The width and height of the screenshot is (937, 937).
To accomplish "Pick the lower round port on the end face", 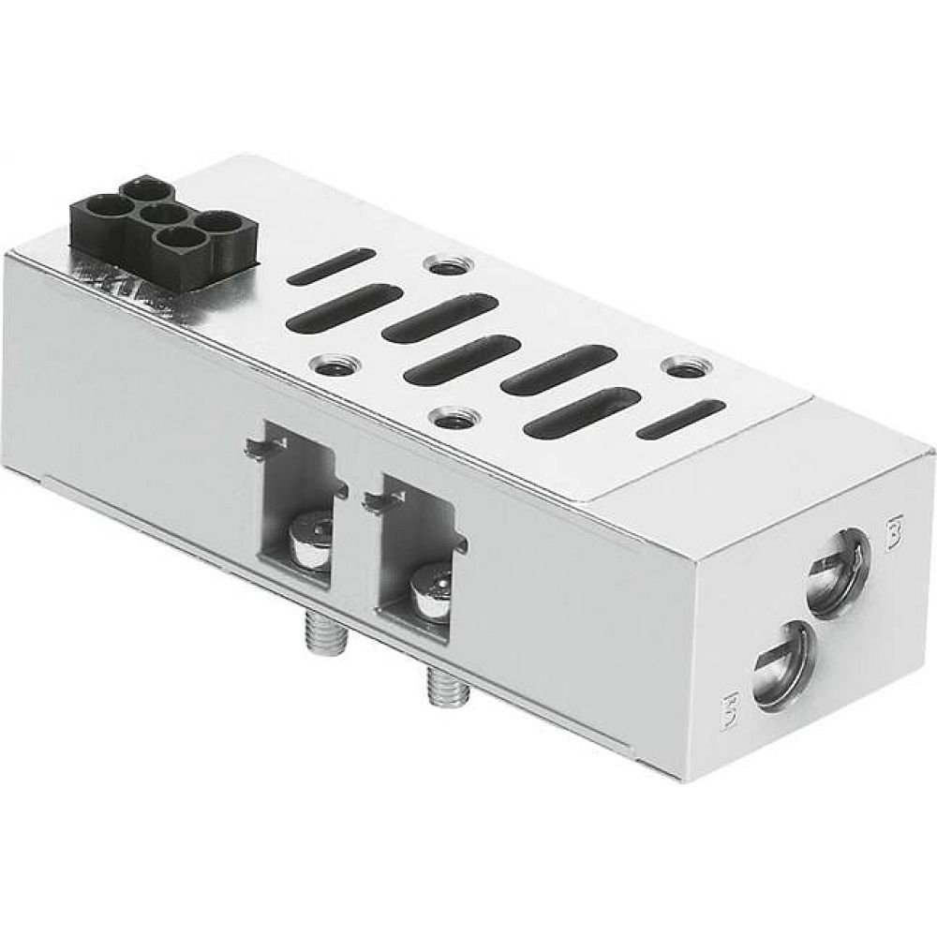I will (x=781, y=662).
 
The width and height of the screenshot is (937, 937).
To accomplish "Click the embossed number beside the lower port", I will (x=734, y=704).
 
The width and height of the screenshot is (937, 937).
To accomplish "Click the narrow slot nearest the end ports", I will (x=680, y=419).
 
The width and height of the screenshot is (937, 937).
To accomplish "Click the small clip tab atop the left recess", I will (x=255, y=449).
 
